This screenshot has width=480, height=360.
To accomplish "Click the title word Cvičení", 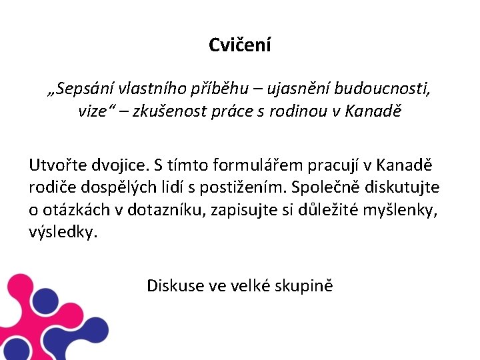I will [x=239, y=45].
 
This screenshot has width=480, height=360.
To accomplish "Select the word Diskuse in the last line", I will [x=175, y=286].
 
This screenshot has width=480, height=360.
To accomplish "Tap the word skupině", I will [x=304, y=287].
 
